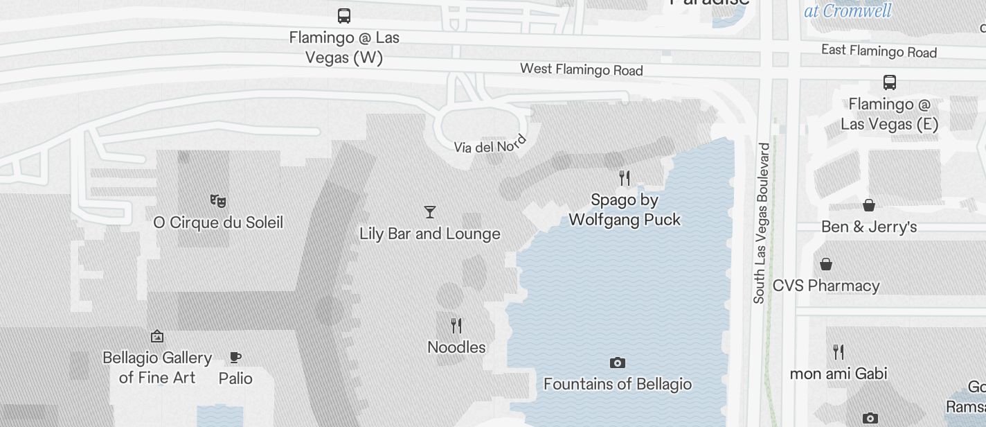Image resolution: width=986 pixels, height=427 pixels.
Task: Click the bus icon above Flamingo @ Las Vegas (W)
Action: tap(343, 15)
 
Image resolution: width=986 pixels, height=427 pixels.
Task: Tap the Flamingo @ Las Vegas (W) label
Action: tap(344, 47)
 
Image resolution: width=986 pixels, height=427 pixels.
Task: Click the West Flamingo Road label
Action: tap(581, 69)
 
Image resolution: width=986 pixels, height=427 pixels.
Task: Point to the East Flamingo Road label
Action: tap(879, 51)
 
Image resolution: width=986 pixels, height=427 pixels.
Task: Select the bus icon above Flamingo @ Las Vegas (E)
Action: tap(890, 82)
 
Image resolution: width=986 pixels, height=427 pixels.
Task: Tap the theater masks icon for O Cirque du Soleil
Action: tap(218, 201)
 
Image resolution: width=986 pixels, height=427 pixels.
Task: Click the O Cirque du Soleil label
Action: tap(218, 223)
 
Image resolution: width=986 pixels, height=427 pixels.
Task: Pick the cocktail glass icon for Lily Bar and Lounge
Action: tap(430, 212)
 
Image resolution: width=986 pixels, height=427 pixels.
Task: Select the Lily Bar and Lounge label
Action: tap(430, 234)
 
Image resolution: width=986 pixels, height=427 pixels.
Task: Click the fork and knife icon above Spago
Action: tap(625, 178)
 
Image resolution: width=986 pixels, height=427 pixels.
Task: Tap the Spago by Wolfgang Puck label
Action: tap(625, 209)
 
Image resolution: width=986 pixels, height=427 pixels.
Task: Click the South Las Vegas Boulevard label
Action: tap(762, 223)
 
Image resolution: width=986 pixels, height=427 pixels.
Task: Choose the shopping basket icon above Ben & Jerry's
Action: tap(868, 205)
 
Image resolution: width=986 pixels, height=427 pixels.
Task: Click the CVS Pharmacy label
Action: tap(826, 286)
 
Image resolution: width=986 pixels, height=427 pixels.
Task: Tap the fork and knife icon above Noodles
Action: tap(456, 325)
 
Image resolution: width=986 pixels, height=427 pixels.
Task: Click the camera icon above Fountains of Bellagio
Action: tap(618, 363)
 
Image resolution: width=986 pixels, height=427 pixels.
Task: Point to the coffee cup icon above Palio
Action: tap(235, 358)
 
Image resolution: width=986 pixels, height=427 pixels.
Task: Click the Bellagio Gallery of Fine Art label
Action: tap(157, 367)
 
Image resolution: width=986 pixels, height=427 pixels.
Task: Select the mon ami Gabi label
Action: tap(839, 373)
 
